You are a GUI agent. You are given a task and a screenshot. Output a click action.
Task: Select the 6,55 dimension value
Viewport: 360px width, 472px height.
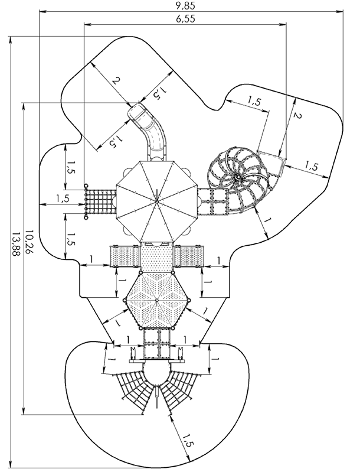pos(185,19)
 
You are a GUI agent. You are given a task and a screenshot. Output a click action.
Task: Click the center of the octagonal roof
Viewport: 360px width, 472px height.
pos(156,201)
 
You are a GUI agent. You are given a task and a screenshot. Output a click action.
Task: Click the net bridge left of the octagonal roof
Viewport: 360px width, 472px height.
pos(101,201)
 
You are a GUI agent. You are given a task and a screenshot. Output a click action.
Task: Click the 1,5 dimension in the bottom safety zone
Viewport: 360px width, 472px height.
pos(188,440)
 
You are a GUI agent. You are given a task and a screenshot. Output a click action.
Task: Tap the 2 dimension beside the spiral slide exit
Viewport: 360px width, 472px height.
pos(297,116)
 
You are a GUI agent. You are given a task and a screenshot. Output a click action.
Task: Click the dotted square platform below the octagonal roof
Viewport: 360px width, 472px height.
pos(156,256)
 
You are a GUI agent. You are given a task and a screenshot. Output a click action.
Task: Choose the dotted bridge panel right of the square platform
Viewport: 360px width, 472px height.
pos(188,256)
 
